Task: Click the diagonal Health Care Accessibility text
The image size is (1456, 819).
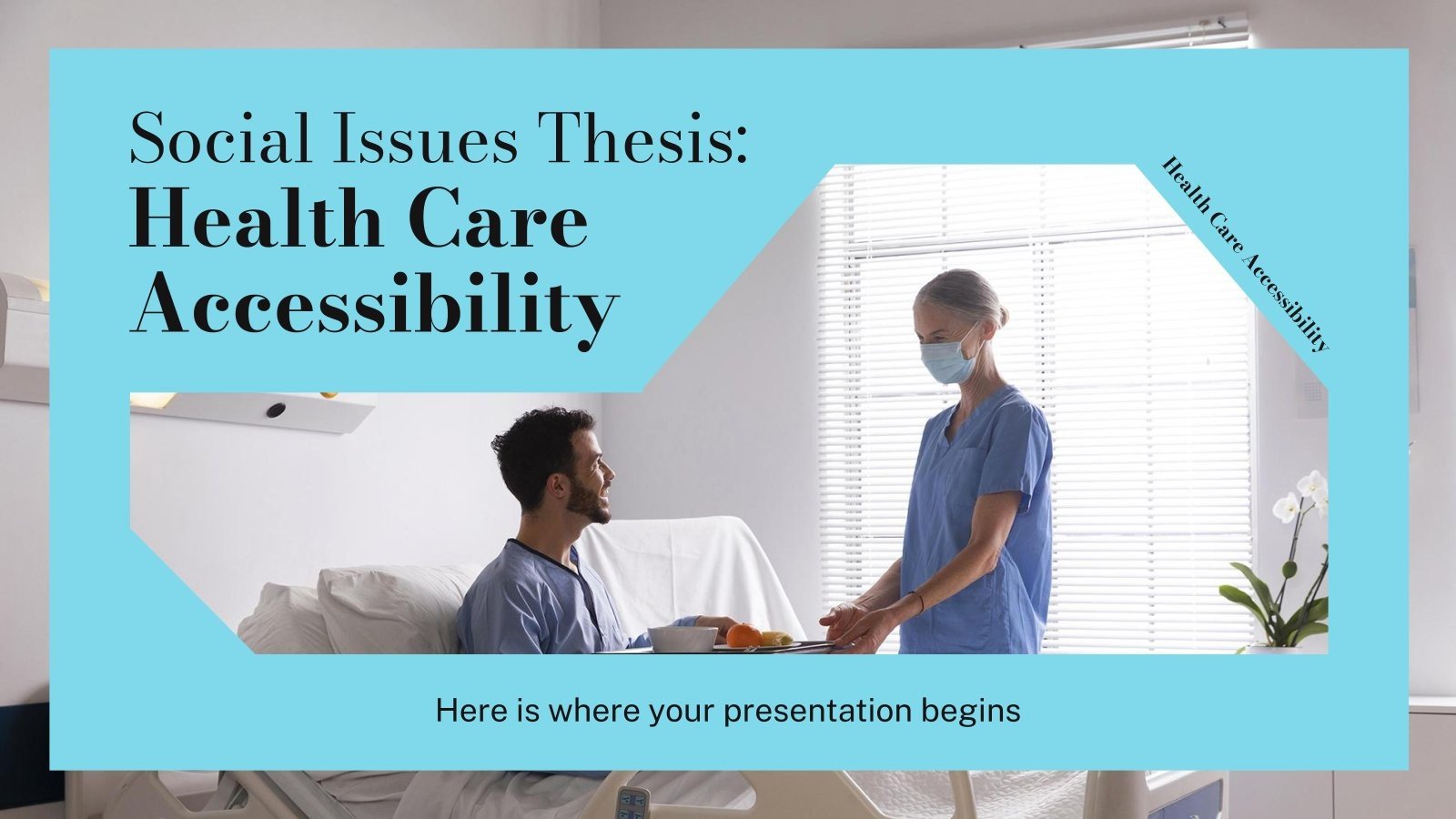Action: tap(1246, 254)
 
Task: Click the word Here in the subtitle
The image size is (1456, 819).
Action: tap(472, 710)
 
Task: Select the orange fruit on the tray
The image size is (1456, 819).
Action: tap(743, 634)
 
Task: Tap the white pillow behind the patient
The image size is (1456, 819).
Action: tap(391, 605)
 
